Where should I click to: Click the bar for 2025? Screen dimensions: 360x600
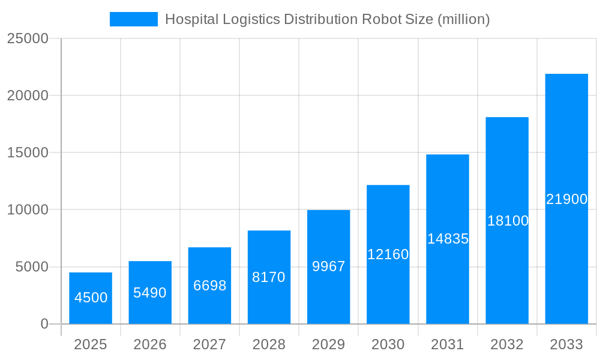[x=91, y=282]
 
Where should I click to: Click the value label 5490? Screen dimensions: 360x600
[x=150, y=293]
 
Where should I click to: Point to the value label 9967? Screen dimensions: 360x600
[x=329, y=266]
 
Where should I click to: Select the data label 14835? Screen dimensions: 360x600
[x=448, y=239]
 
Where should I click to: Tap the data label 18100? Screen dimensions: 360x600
[x=508, y=221]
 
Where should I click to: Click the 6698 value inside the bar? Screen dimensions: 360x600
[x=209, y=286]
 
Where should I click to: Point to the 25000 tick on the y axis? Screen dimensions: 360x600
[x=27, y=38]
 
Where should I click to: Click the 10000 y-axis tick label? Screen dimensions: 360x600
[x=27, y=210]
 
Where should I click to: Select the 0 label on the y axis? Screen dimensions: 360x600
[x=44, y=324]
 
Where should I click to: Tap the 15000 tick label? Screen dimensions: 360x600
[x=27, y=152]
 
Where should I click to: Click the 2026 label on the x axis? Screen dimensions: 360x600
[x=150, y=344]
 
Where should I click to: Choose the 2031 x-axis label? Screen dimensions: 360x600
[x=448, y=344]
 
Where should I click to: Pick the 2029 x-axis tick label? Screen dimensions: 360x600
[x=329, y=344]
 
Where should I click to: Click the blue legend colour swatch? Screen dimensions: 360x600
[x=133, y=19]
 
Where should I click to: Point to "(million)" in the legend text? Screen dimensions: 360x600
[x=463, y=19]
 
